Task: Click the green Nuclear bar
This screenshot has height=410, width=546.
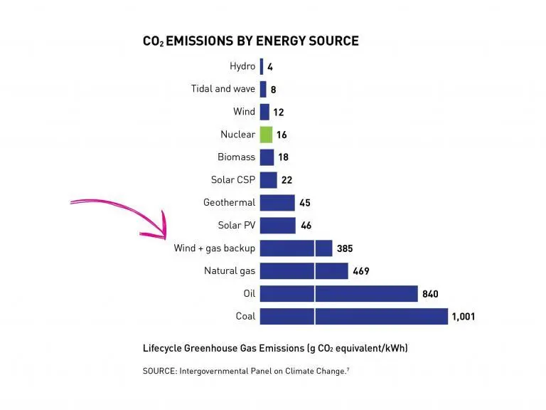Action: click(x=266, y=135)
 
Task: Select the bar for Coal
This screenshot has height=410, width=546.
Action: click(x=353, y=316)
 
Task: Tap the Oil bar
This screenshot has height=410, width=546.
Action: click(x=338, y=293)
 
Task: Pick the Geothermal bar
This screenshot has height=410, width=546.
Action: click(x=277, y=203)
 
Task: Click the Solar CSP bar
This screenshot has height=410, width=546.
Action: click(x=268, y=180)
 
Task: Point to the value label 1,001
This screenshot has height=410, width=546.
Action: click(x=463, y=317)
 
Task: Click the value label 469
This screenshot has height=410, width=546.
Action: click(x=361, y=271)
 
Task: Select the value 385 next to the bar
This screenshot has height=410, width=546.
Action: click(x=345, y=248)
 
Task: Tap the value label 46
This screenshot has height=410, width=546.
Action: click(x=306, y=226)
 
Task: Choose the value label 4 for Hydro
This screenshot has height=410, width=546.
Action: click(x=270, y=67)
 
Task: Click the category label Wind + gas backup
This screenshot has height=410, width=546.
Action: click(x=214, y=248)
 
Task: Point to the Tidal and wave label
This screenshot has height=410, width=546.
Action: click(x=223, y=89)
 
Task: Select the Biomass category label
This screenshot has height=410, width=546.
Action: click(x=236, y=157)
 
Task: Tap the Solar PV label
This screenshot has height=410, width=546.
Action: click(x=237, y=226)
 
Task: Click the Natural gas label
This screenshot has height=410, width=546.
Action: click(x=229, y=271)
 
